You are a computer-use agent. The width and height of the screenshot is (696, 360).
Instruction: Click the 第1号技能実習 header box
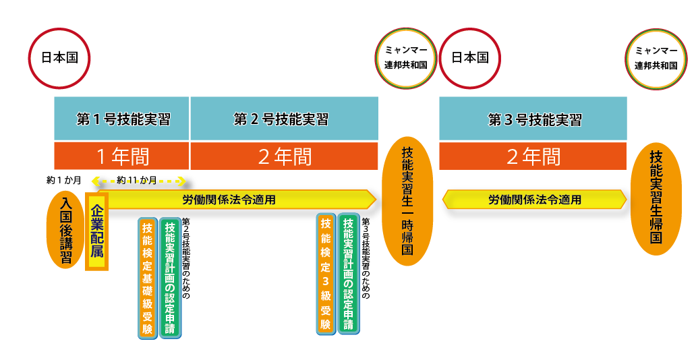[x=121, y=119]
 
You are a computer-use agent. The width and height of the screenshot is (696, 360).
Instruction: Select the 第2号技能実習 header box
[x=283, y=119]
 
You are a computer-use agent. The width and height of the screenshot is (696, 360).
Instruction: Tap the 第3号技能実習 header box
[x=533, y=119]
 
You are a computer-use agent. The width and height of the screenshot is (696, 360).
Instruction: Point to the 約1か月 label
[x=63, y=181]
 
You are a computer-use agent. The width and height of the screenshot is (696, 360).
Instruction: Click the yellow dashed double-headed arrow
[x=142, y=181]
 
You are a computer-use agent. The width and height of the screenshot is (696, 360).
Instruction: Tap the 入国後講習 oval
[x=65, y=230]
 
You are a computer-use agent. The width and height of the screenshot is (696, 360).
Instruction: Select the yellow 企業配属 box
[x=96, y=233]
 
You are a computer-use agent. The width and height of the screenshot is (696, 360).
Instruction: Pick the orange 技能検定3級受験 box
[x=326, y=274]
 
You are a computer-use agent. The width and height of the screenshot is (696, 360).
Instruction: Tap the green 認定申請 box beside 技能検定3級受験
[x=348, y=274]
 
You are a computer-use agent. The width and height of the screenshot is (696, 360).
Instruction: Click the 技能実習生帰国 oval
[x=655, y=198]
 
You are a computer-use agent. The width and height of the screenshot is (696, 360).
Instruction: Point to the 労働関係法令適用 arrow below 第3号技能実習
[x=534, y=200]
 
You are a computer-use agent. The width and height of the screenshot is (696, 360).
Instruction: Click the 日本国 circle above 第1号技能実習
[x=59, y=58]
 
